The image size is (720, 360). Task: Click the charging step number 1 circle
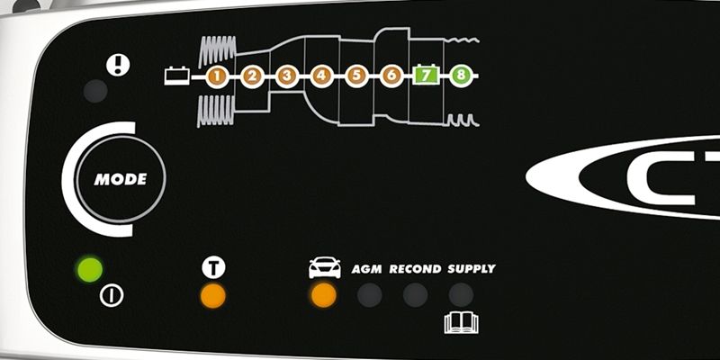[x=216, y=76]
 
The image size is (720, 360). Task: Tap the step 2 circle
[x=251, y=76]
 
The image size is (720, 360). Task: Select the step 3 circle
[x=286, y=76]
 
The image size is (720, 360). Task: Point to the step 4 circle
[x=321, y=76]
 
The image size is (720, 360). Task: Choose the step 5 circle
[x=355, y=76]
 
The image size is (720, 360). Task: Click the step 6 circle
[x=391, y=76]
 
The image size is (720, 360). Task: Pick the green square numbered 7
[x=426, y=76]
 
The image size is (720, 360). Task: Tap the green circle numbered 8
[x=461, y=76]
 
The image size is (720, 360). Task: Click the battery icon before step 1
[x=175, y=76]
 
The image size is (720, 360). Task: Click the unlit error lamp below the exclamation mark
[x=94, y=91]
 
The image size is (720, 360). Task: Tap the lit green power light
[x=90, y=268]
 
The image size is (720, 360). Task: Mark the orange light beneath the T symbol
[x=212, y=295]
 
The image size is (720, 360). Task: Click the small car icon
[x=324, y=267]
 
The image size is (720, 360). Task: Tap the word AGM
[x=367, y=268]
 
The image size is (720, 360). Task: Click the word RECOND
[x=415, y=268]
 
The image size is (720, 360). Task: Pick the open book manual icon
[x=461, y=322]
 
